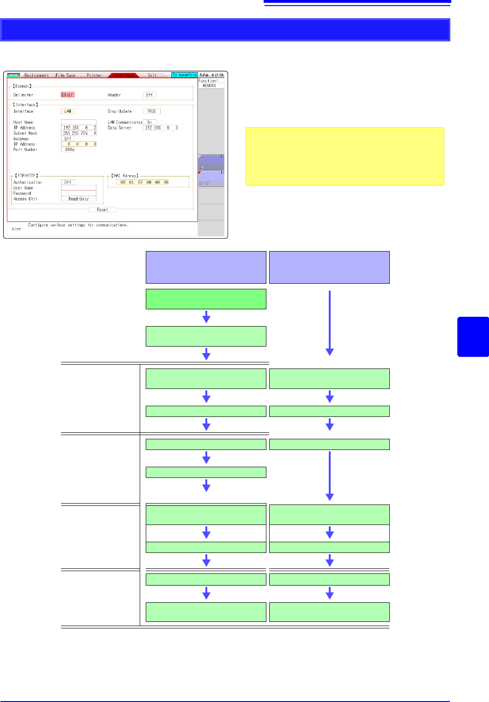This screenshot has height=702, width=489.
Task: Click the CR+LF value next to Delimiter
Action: pyautogui.click(x=68, y=95)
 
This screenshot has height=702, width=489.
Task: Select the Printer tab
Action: pyautogui.click(x=94, y=75)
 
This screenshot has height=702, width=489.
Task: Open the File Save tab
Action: pyautogui.click(x=65, y=75)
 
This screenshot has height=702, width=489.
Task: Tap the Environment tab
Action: pyautogui.click(x=36, y=75)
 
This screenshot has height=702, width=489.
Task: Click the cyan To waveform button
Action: pyautogui.click(x=184, y=75)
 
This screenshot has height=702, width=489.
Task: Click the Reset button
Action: pyautogui.click(x=102, y=210)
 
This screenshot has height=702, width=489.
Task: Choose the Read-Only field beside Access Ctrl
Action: pyautogui.click(x=78, y=199)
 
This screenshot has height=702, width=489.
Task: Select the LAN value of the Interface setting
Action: pyautogui.click(x=68, y=111)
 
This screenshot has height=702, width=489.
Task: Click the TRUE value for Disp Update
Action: pyautogui.click(x=151, y=111)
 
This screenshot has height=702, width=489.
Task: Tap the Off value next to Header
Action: pyautogui.click(x=149, y=95)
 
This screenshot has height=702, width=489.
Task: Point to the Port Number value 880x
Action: pyautogui.click(x=70, y=150)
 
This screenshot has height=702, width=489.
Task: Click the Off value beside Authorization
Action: pyautogui.click(x=68, y=182)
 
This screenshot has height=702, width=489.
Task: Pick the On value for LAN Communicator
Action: pyautogui.click(x=149, y=122)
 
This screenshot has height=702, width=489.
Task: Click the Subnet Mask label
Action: pyautogui.click(x=25, y=133)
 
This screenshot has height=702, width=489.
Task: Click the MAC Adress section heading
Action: pyautogui.click(x=125, y=176)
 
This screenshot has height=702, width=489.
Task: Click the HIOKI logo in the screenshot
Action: pyautogui.click(x=14, y=75)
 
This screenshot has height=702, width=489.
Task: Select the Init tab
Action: pyautogui.click(x=152, y=75)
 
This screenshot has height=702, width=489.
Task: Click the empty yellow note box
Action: pyautogui.click(x=345, y=157)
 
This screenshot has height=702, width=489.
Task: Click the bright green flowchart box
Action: pyautogui.click(x=206, y=299)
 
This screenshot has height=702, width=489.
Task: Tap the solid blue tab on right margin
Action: pyautogui.click(x=473, y=337)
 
